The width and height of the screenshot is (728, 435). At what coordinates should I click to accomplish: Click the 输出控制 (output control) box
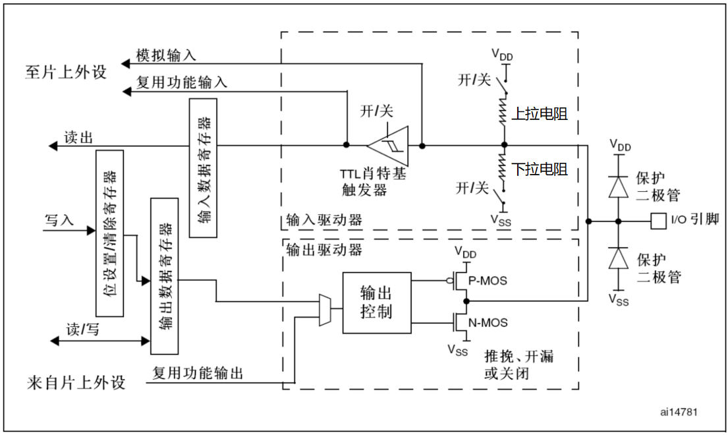click(376, 303)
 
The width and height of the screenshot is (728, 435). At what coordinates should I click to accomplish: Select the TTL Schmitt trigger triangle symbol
click(389, 144)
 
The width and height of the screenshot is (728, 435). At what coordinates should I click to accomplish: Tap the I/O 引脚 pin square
click(656, 220)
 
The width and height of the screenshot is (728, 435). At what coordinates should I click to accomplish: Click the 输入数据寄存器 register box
click(204, 167)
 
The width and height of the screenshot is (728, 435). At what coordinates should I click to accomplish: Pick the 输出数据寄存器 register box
click(165, 275)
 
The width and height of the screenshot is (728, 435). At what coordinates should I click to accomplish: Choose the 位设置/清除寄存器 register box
click(110, 233)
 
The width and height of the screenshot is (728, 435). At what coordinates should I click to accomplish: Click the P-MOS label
click(488, 281)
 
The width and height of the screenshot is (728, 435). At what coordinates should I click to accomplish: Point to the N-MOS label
click(488, 323)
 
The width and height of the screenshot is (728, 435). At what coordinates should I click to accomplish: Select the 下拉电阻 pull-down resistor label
click(540, 170)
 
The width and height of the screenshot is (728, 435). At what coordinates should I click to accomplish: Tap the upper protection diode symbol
click(618, 187)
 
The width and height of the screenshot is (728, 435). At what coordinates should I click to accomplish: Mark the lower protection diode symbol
click(618, 258)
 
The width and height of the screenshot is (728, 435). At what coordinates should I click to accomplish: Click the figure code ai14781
click(679, 412)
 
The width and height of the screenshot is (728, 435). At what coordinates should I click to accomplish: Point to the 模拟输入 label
click(165, 55)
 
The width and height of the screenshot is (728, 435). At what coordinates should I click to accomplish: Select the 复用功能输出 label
click(198, 374)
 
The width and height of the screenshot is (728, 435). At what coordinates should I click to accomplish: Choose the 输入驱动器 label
click(323, 219)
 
